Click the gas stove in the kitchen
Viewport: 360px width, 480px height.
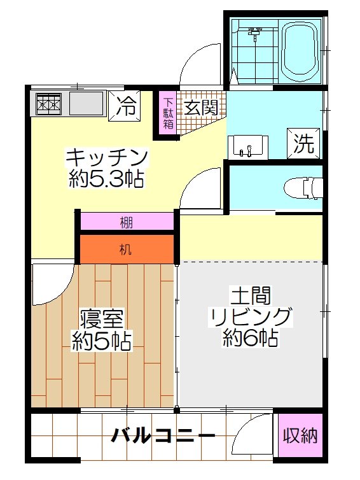[49, 103]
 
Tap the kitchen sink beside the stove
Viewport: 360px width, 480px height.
[86, 103]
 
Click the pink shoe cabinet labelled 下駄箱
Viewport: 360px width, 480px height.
[168, 113]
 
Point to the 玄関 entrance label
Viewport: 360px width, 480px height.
[201, 107]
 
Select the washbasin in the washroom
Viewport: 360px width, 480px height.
[247, 146]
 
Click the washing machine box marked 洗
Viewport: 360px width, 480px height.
[303, 143]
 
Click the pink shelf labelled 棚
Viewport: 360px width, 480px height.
[126, 222]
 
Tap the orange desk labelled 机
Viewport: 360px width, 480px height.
[126, 248]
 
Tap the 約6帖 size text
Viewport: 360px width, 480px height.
[250, 339]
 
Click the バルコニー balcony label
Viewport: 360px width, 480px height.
[163, 437]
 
